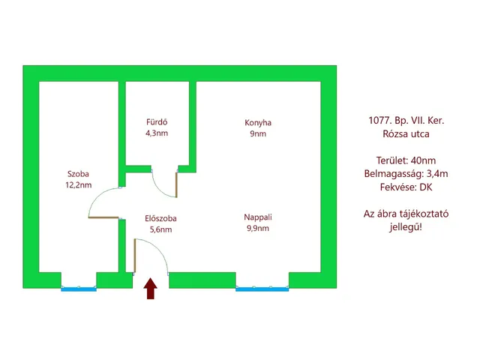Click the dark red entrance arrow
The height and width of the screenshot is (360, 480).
pos(150,288)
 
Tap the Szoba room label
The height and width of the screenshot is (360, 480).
pos(78,174)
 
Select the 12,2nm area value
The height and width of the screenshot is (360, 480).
pos(78,185)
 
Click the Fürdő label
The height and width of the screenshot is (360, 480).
pos(157,121)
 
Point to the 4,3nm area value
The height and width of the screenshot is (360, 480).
pos(157,133)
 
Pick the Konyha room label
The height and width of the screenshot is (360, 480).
pos(258,123)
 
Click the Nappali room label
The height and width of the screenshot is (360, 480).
pos(258,217)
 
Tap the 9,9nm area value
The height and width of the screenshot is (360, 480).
pos(258,228)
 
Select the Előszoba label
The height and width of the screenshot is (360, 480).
pos(160,218)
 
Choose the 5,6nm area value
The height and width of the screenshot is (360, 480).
pos(160,229)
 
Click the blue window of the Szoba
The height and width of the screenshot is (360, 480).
pos(79,289)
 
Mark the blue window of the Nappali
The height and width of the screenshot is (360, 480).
pos(262,289)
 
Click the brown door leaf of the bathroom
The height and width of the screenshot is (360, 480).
pos(176,185)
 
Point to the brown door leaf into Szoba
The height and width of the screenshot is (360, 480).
pos(103,217)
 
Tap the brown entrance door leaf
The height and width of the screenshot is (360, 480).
pos(135,256)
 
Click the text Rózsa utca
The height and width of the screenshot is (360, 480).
pos(406,134)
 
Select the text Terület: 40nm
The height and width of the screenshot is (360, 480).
pos(406,160)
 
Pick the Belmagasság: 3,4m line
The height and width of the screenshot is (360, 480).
pos(406,174)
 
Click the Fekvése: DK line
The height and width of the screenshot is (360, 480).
pos(406,187)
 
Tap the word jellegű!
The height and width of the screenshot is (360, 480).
pos(406,227)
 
